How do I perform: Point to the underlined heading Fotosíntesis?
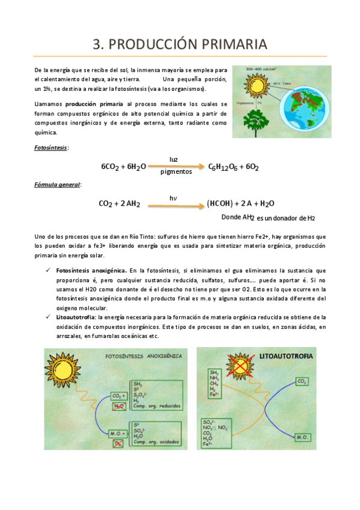tap(51, 147)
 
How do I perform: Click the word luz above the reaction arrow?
tap(174, 159)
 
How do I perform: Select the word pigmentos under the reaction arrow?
tap(176, 172)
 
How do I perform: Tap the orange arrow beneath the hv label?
tap(174, 206)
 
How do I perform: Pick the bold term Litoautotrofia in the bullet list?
tap(75, 316)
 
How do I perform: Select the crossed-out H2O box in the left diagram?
tap(118, 407)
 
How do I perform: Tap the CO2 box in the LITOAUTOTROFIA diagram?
tap(302, 381)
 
